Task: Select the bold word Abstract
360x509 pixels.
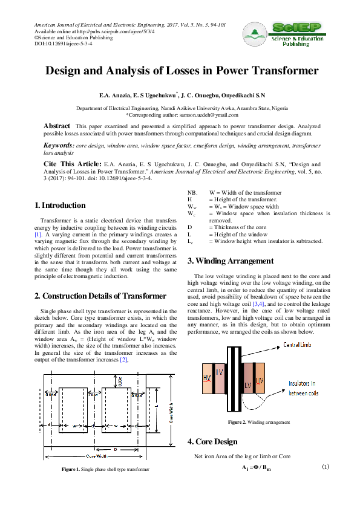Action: coord(56,125)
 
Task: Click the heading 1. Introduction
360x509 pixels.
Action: coord(60,206)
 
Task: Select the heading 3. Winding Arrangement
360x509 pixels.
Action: coord(230,261)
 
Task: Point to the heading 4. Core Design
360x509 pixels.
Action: coord(213,441)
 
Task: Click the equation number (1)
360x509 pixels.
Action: coord(325,467)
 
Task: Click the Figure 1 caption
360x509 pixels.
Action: coord(103,469)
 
